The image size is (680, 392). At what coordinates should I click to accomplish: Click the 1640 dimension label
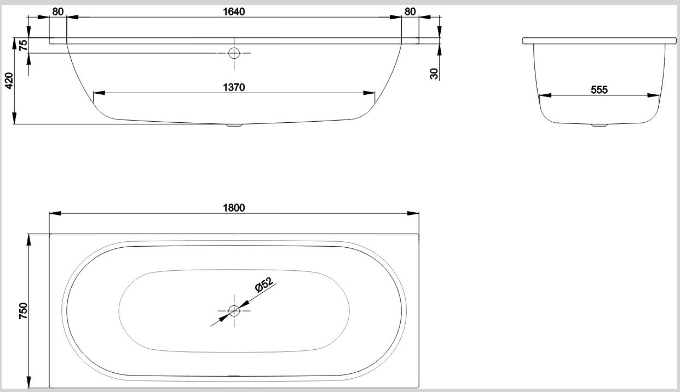pyautogui.click(x=234, y=12)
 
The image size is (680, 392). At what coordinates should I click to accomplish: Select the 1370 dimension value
pyautogui.click(x=234, y=87)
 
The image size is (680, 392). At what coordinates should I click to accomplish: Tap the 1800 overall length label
pyautogui.click(x=234, y=208)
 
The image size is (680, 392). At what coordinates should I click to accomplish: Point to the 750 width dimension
pyautogui.click(x=23, y=311)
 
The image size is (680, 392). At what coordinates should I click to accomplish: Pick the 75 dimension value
pyautogui.click(x=23, y=46)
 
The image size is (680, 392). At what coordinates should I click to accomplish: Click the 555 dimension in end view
pyautogui.click(x=600, y=90)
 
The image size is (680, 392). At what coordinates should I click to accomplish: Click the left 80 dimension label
pyautogui.click(x=58, y=12)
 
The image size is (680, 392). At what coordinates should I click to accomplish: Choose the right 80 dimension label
pyautogui.click(x=410, y=12)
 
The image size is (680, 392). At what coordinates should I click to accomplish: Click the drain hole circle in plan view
pyautogui.click(x=234, y=311)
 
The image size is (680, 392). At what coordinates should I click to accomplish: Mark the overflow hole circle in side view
pyautogui.click(x=234, y=53)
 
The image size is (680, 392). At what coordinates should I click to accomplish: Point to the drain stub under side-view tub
pyautogui.click(x=234, y=126)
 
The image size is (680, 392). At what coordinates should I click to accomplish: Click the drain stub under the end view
pyautogui.click(x=600, y=126)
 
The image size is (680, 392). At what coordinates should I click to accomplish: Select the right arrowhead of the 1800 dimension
pyautogui.click(x=416, y=214)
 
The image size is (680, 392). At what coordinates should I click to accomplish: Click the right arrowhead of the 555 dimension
pyautogui.click(x=655, y=95)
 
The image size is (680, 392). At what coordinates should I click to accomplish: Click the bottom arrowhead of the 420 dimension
pyautogui.click(x=15, y=120)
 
